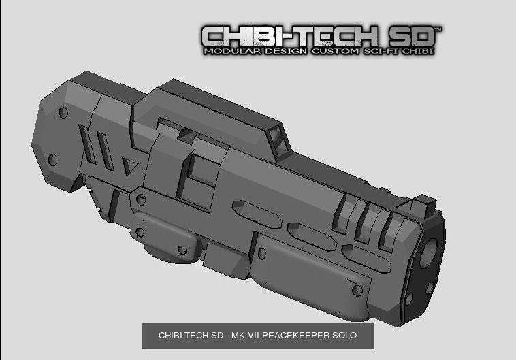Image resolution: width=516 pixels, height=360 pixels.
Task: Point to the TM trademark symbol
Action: tap(438, 29)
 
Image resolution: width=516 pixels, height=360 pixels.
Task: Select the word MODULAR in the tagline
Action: tap(231, 51)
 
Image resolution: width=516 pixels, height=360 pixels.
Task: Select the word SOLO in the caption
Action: tap(343, 336)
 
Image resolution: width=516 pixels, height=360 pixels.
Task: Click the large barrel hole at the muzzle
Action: tap(430, 252)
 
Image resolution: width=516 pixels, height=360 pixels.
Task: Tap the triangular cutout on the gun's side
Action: tap(127, 165)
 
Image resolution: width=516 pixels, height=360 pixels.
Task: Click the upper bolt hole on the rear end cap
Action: tap(63, 113)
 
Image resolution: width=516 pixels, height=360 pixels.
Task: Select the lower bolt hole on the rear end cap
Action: tap(53, 159)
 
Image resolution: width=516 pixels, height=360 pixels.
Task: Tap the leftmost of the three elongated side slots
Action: tap(257, 213)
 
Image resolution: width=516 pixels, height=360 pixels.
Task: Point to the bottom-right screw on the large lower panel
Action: tap(357, 291)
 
